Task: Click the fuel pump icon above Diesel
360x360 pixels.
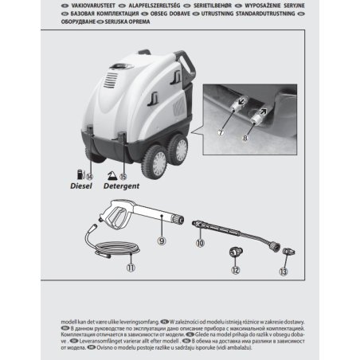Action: tap(79, 172)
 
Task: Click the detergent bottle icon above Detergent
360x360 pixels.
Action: tap(113, 173)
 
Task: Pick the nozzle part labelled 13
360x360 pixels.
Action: tap(284, 255)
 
